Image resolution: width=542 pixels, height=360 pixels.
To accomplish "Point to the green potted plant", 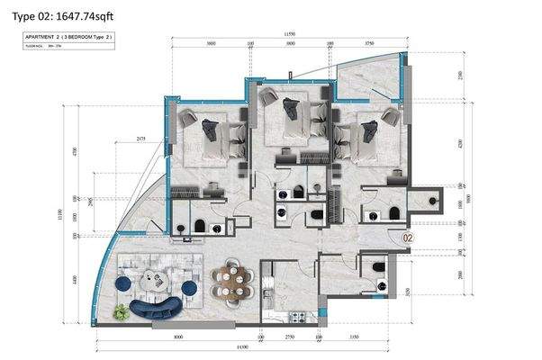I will coord(121,310).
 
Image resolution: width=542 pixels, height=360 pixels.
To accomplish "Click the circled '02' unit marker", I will coord(408,238).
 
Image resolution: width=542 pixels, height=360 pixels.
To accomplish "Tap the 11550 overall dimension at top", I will coord(290,33).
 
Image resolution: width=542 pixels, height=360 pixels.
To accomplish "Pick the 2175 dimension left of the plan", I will coord(141,139).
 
